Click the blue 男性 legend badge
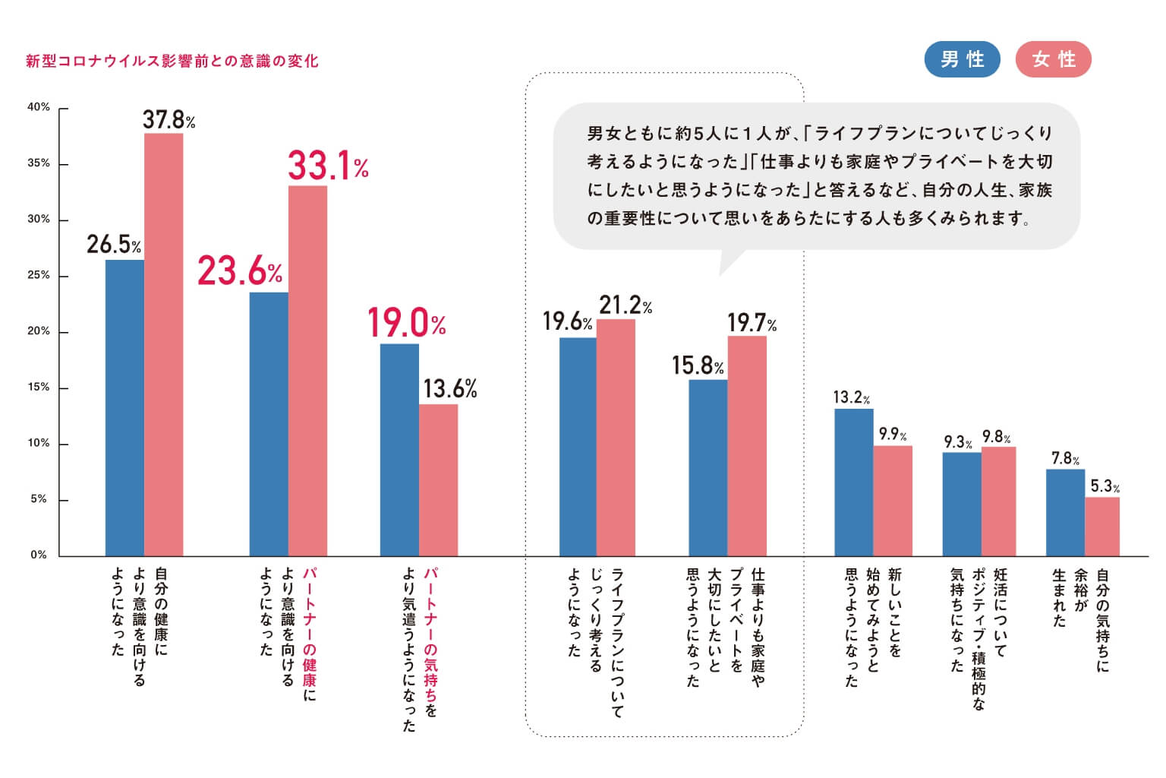[962, 59]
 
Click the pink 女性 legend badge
[1053, 59]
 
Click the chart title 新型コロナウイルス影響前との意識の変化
[172, 61]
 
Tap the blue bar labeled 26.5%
[124, 408]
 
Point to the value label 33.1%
[328, 166]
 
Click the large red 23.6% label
[240, 271]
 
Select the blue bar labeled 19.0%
[399, 450]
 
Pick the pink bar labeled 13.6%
[438, 480]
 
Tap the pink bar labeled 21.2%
[616, 438]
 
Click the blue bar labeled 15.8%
[707, 468]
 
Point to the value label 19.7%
[752, 323]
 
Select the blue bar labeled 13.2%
[854, 482]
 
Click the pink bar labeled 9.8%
[998, 501]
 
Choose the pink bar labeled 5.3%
[1102, 527]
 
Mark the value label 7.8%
[1065, 458]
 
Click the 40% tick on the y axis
[39, 107]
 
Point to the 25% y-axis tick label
[39, 275]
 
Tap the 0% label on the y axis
[39, 555]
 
